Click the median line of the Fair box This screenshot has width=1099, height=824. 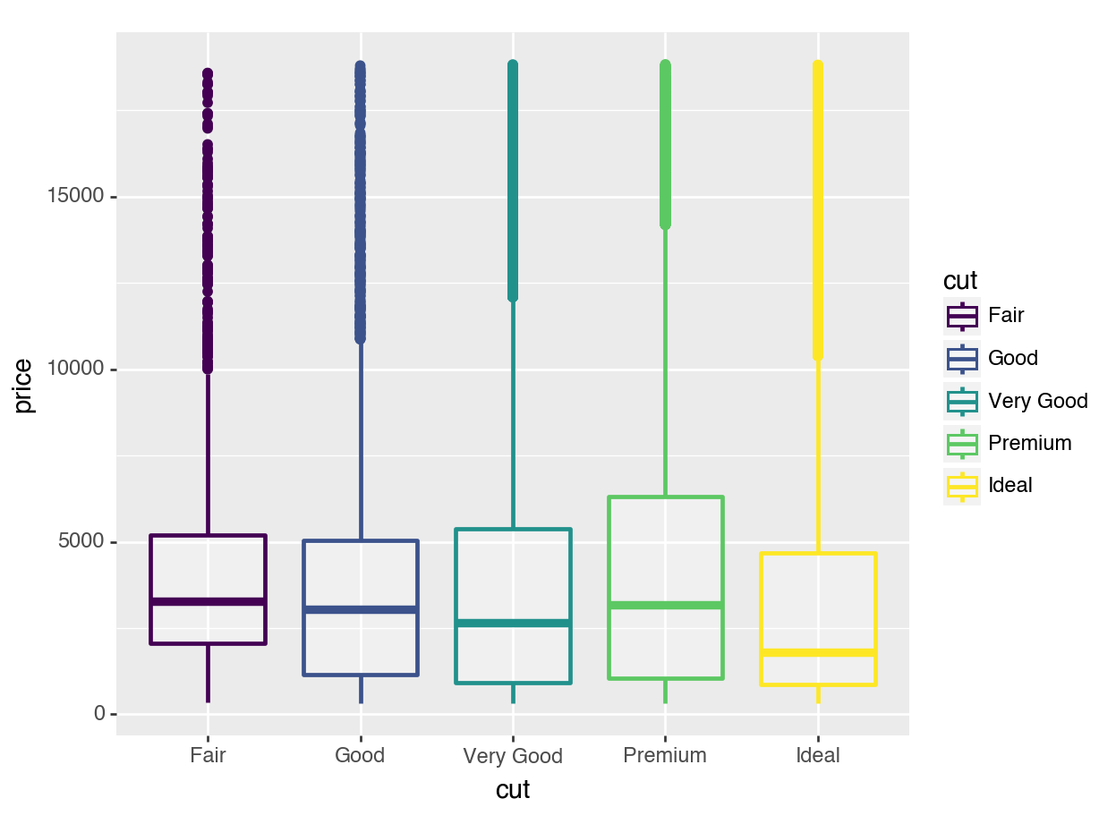pos(208,601)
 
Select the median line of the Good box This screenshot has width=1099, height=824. pos(361,609)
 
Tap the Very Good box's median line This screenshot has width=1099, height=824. pos(513,623)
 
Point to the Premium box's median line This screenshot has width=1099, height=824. pos(665,606)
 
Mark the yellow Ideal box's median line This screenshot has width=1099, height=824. pos(818,652)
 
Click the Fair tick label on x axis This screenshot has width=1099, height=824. pos(208,755)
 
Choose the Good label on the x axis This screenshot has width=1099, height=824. pos(360,755)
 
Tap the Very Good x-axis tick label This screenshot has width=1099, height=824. pos(513,756)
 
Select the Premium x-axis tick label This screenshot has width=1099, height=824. pos(665,755)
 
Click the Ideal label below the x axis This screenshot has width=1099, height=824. pos(818,755)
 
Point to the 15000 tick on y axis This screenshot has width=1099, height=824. pos(76,197)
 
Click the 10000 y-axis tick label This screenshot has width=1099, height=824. pos(76,370)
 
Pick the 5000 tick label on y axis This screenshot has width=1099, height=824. pos(81,542)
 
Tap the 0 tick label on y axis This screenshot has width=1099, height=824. pos(100,714)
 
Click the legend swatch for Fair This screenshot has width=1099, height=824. pos(962,316)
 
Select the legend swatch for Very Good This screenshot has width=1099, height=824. pos(962,401)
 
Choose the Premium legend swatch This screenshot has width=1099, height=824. pos(962,443)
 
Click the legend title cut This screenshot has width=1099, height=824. pos(960,281)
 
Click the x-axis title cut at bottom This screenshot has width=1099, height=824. pos(513,790)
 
